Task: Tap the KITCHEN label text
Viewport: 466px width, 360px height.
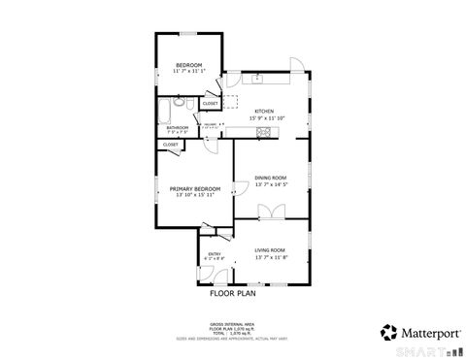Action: click(264, 111)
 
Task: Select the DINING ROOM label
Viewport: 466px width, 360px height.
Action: click(270, 177)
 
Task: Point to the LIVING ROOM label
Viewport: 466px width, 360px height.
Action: click(270, 251)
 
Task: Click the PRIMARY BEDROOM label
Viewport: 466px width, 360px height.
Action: click(195, 188)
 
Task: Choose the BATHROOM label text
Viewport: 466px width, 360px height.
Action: click(177, 127)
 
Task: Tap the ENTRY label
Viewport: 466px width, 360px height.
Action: click(216, 254)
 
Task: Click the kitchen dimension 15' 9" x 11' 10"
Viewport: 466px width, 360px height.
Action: click(264, 117)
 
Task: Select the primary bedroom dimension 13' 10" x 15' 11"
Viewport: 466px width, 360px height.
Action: click(195, 195)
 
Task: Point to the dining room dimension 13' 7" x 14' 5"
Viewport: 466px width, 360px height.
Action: click(270, 183)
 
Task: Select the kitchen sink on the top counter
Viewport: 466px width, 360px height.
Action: click(259, 77)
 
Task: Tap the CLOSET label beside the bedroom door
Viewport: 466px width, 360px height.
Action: click(210, 102)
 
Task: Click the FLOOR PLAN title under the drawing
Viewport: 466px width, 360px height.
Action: click(232, 291)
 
